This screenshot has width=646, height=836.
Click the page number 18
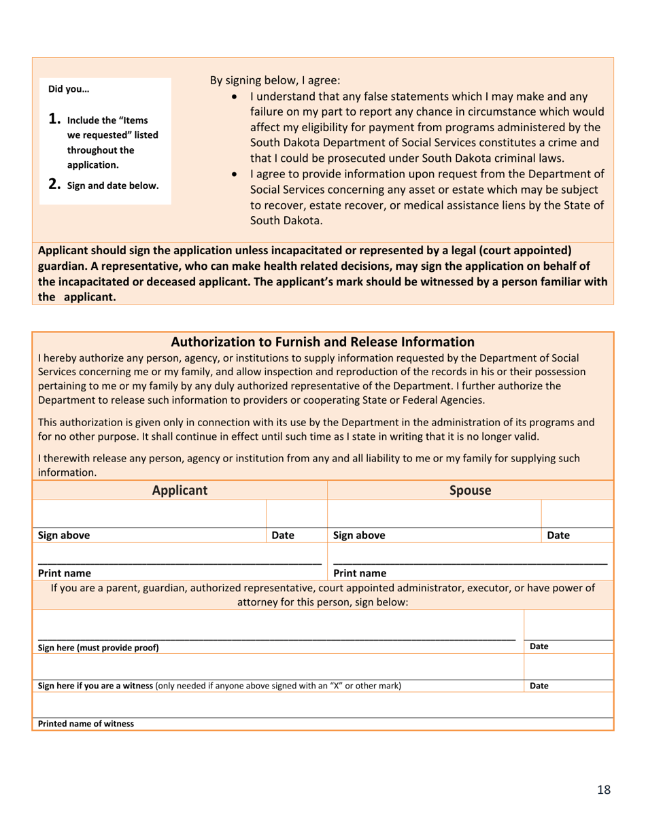click(604, 789)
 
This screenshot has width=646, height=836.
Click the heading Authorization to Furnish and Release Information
click(323, 341)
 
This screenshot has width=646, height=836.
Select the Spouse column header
click(471, 489)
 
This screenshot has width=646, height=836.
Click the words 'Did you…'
click(68, 88)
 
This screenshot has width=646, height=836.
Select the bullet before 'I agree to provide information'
click(235, 175)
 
